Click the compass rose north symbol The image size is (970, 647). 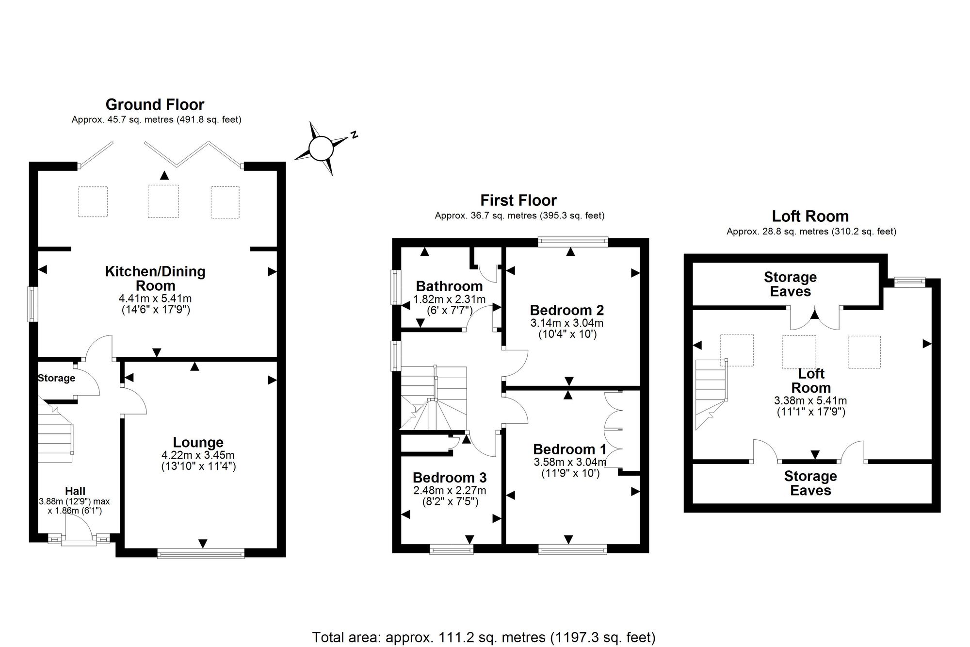322,148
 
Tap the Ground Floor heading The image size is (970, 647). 155,104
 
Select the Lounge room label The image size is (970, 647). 198,442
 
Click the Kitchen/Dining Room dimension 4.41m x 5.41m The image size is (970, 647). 155,299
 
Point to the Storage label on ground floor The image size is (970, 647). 56,378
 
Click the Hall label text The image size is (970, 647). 75,491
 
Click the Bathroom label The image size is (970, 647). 449,286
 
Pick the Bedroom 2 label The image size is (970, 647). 566,310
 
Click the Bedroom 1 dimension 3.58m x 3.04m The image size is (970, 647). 570,462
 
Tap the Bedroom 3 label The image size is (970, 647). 450,478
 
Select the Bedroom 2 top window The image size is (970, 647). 573,242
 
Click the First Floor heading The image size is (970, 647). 518,200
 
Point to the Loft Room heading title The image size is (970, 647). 810,216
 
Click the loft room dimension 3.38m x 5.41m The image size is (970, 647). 810,401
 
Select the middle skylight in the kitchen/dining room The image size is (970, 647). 163,201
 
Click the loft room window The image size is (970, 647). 909,281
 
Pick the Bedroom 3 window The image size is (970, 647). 452,548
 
